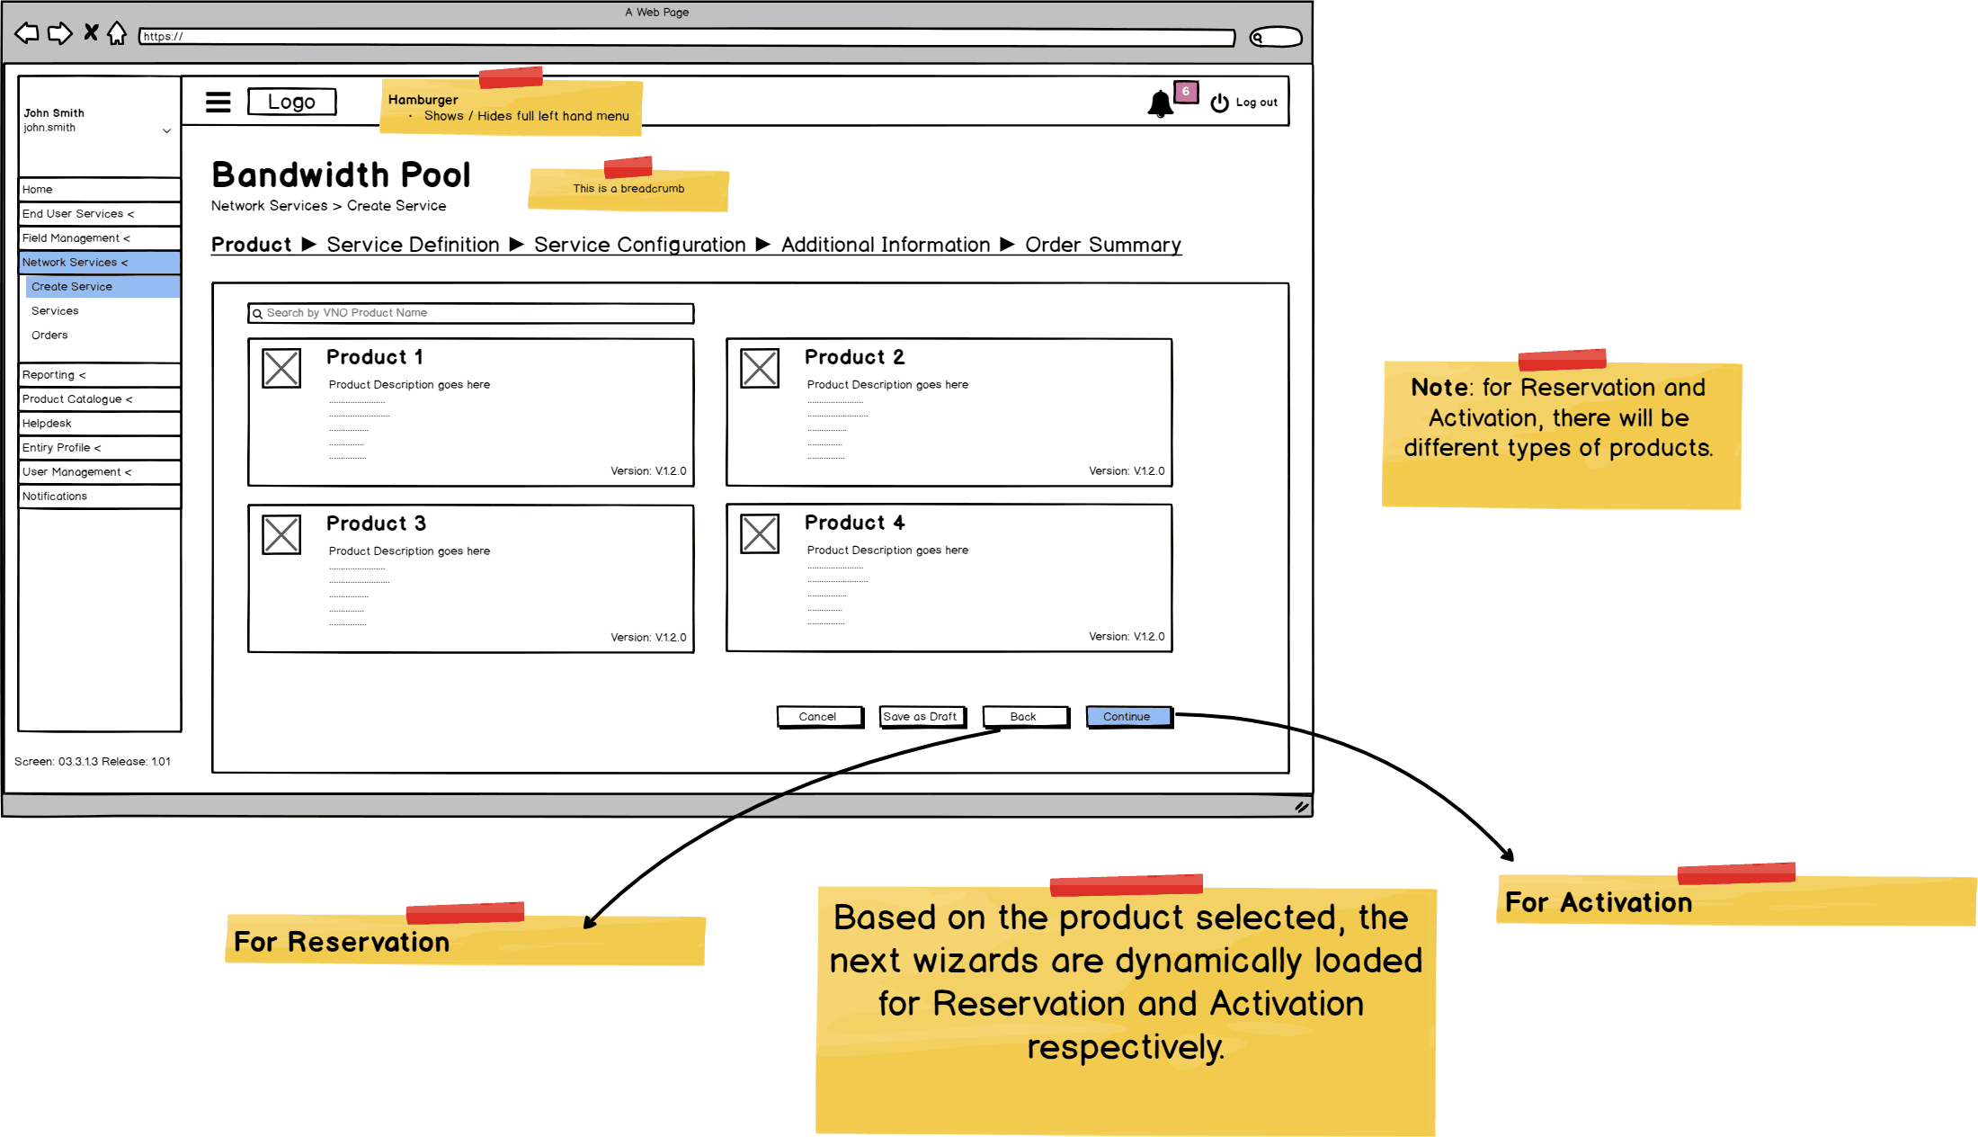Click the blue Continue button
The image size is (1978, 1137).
point(1128,717)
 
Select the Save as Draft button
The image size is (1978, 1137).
point(922,717)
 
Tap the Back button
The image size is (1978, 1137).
point(1025,717)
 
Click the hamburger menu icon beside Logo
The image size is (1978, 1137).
point(218,102)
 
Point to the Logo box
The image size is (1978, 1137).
point(291,102)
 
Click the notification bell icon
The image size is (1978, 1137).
point(1160,104)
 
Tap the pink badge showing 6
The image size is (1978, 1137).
point(1186,92)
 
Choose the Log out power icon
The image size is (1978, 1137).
point(1219,103)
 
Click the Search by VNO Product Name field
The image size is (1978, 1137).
point(470,313)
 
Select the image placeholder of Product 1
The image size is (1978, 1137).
point(281,369)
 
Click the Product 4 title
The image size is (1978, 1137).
point(854,523)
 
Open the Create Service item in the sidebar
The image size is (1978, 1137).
point(72,287)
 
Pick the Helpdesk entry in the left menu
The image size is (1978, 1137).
point(47,424)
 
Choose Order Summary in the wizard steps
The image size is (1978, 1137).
point(1102,245)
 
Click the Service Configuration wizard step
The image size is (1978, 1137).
point(639,245)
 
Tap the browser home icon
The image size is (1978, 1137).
point(117,34)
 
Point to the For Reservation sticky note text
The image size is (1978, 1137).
point(342,942)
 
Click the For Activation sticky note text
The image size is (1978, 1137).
point(1598,902)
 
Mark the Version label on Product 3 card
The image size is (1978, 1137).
point(648,638)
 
